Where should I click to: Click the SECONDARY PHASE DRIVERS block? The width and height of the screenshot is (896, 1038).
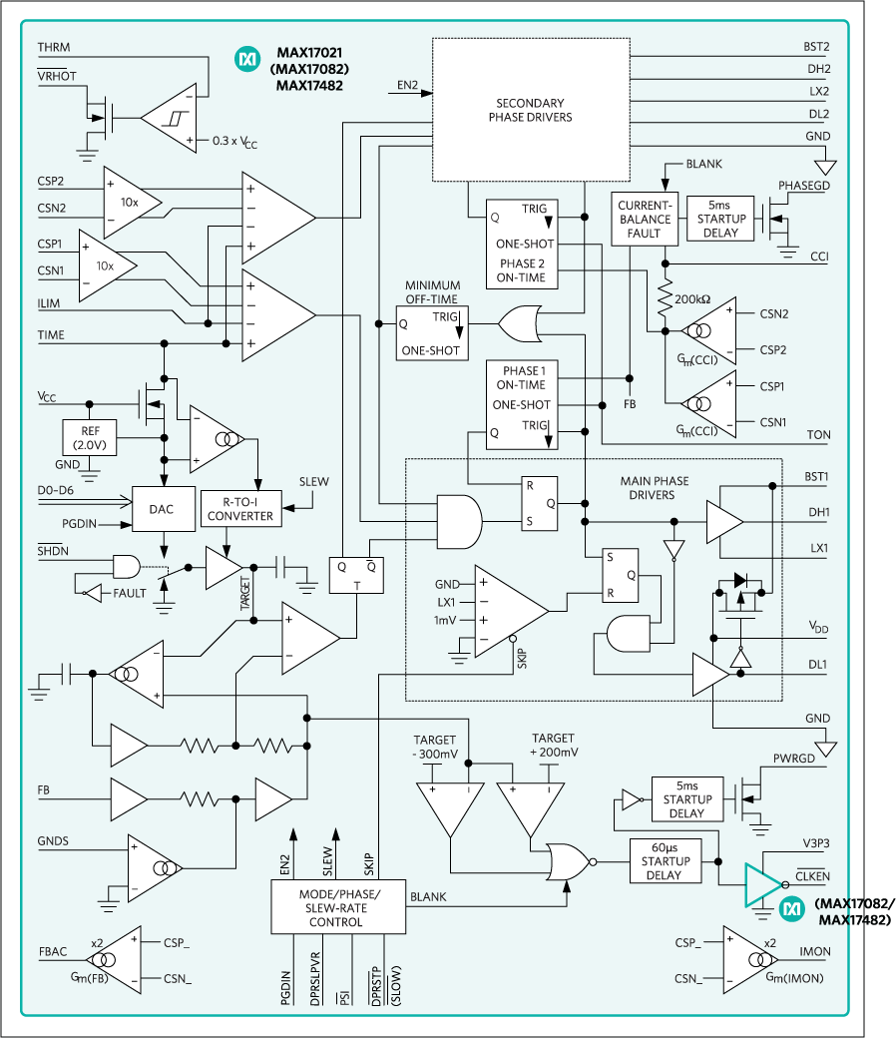[x=530, y=110]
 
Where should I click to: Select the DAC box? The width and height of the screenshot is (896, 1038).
[x=161, y=509]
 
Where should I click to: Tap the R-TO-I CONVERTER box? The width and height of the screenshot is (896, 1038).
[x=240, y=509]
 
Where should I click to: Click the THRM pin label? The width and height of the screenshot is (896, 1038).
[x=53, y=48]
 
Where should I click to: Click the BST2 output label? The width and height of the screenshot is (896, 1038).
[x=816, y=47]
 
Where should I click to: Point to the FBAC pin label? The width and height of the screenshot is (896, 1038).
[x=54, y=952]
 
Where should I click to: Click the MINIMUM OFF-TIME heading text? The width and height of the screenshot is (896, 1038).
[x=432, y=291]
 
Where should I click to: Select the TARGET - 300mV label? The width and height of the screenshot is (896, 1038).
[x=435, y=746]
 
